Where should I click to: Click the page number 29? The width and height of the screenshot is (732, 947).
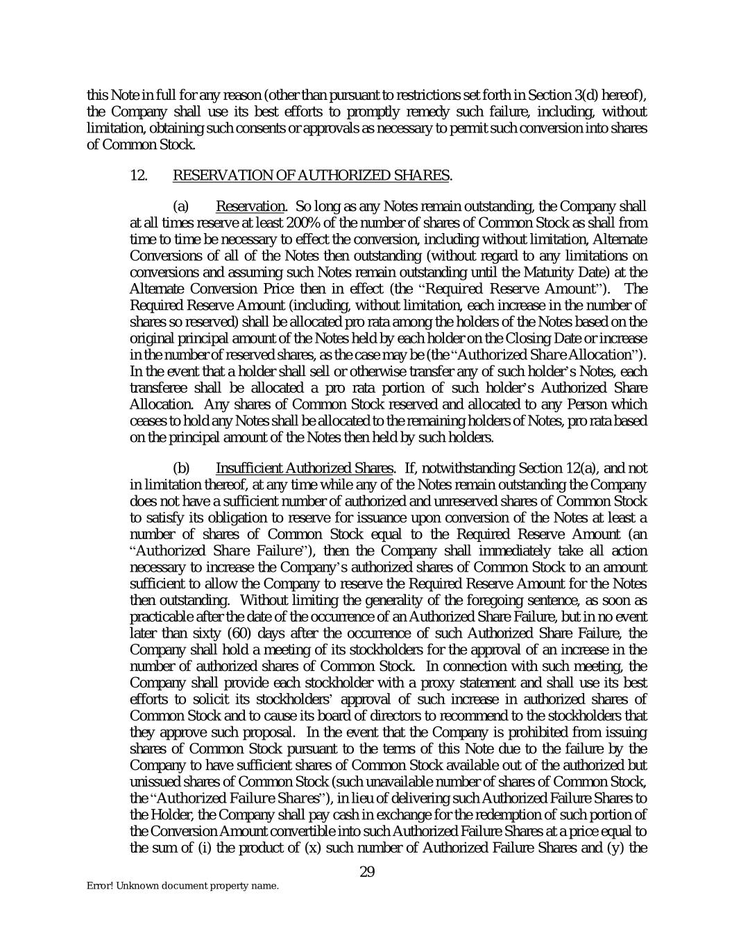pyautogui.click(x=367, y=872)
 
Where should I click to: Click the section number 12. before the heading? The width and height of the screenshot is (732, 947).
pyautogui.click(x=139, y=176)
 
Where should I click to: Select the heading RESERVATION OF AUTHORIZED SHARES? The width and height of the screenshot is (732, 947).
pyautogui.click(x=311, y=176)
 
